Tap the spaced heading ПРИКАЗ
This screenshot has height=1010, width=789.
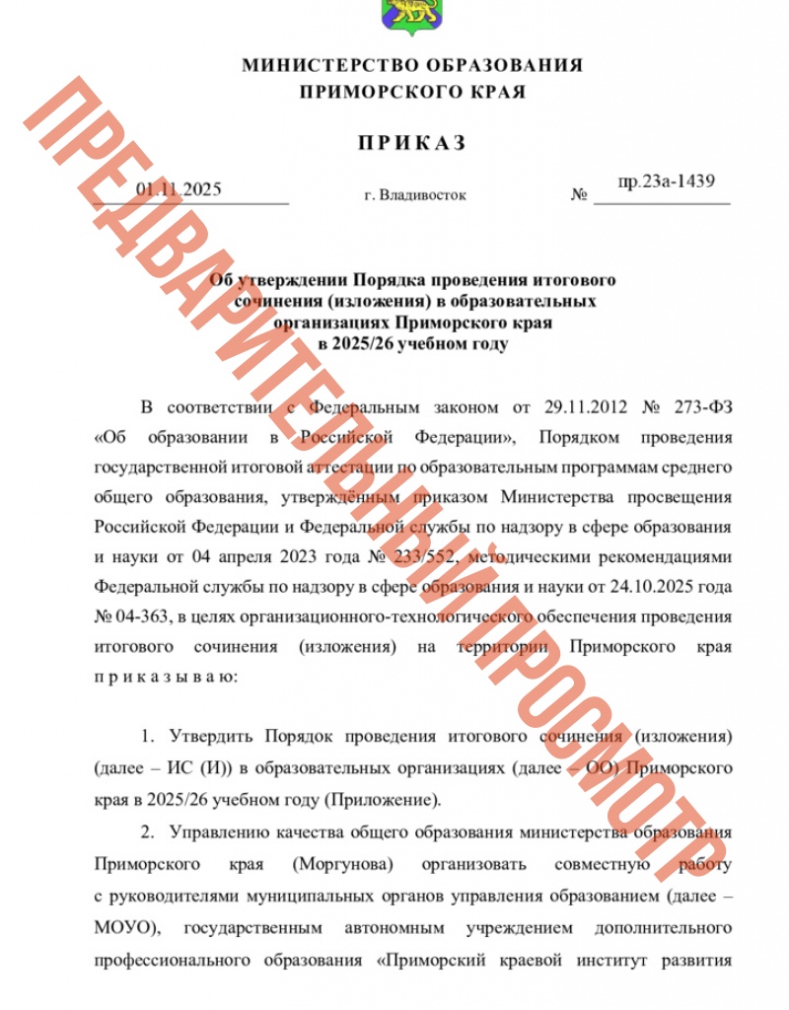pos(411,143)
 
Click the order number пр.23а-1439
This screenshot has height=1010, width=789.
pos(666,181)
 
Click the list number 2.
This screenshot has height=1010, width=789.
pos(144,832)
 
